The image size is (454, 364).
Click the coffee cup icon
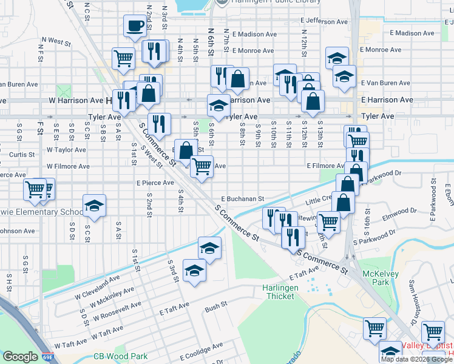click(x=135, y=26)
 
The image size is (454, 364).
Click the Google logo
click(x=19, y=357)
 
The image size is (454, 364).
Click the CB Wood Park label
click(x=120, y=357)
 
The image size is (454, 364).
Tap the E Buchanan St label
click(x=243, y=198)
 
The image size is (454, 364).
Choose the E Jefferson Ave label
click(x=325, y=21)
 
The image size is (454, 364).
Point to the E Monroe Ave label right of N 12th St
click(x=381, y=50)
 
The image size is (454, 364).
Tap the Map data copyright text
click(x=416, y=359)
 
